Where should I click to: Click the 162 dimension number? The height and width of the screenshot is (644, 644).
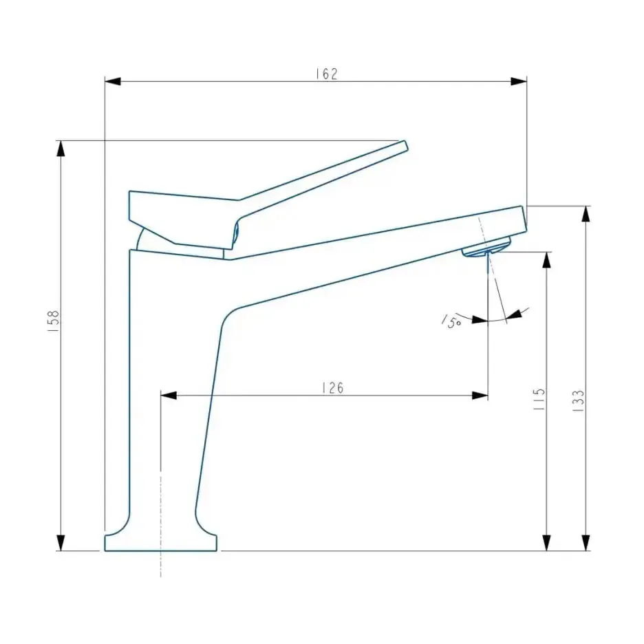coord(327,74)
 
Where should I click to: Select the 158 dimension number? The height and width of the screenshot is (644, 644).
coord(54,321)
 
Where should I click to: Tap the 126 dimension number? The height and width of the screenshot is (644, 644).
coord(333,388)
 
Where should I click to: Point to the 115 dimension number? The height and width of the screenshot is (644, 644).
coord(539,399)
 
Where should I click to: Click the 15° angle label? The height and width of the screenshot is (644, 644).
coord(451,321)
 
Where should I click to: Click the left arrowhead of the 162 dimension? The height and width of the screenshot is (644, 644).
coord(113,81)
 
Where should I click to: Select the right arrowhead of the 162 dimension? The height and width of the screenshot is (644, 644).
coord(518,81)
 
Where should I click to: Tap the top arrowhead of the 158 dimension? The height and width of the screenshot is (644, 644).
coord(61,148)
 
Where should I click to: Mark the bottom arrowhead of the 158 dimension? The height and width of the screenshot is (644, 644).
coord(61,543)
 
